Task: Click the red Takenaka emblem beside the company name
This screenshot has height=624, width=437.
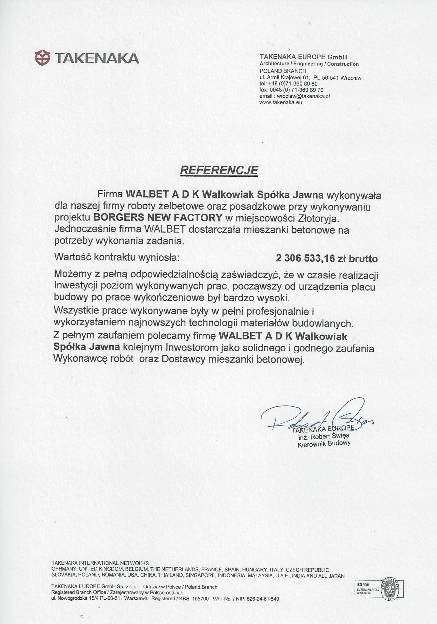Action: pos(43,58)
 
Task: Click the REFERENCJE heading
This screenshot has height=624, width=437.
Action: pos(219,171)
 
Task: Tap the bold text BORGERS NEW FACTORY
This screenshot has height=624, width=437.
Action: pos(157,218)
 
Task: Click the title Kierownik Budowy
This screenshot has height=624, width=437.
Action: pos(324,444)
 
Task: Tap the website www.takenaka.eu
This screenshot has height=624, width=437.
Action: pos(281,103)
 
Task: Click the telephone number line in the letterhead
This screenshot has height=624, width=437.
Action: pos(289,84)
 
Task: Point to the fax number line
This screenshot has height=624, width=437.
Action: pos(292,90)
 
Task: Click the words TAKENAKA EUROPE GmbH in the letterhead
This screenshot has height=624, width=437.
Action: pos(303,57)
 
